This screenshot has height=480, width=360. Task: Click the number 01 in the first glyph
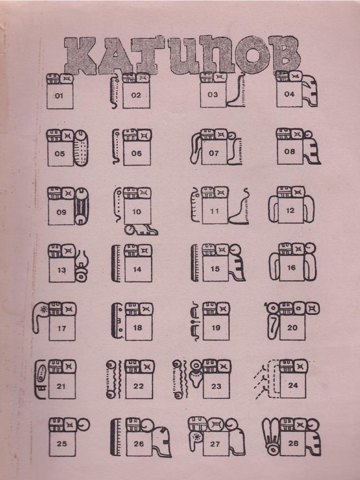point(59,96)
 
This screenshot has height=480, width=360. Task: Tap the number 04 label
point(289,94)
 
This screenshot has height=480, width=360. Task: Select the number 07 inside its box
point(214,153)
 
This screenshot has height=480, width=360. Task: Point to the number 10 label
point(136,212)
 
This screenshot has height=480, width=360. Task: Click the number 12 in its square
point(290,210)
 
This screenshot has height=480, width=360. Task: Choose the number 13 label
point(62,270)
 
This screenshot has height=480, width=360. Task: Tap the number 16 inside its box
point(292,268)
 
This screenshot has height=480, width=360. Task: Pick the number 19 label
point(216,328)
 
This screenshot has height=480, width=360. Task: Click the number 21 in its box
point(61,386)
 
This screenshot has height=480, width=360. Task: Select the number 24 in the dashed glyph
point(293,385)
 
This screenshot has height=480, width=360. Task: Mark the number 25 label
point(62,443)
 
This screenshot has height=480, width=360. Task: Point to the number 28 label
point(293,443)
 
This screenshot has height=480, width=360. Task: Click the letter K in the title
point(80,55)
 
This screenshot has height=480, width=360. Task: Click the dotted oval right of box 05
point(82,148)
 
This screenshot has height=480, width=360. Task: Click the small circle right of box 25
point(84,425)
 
